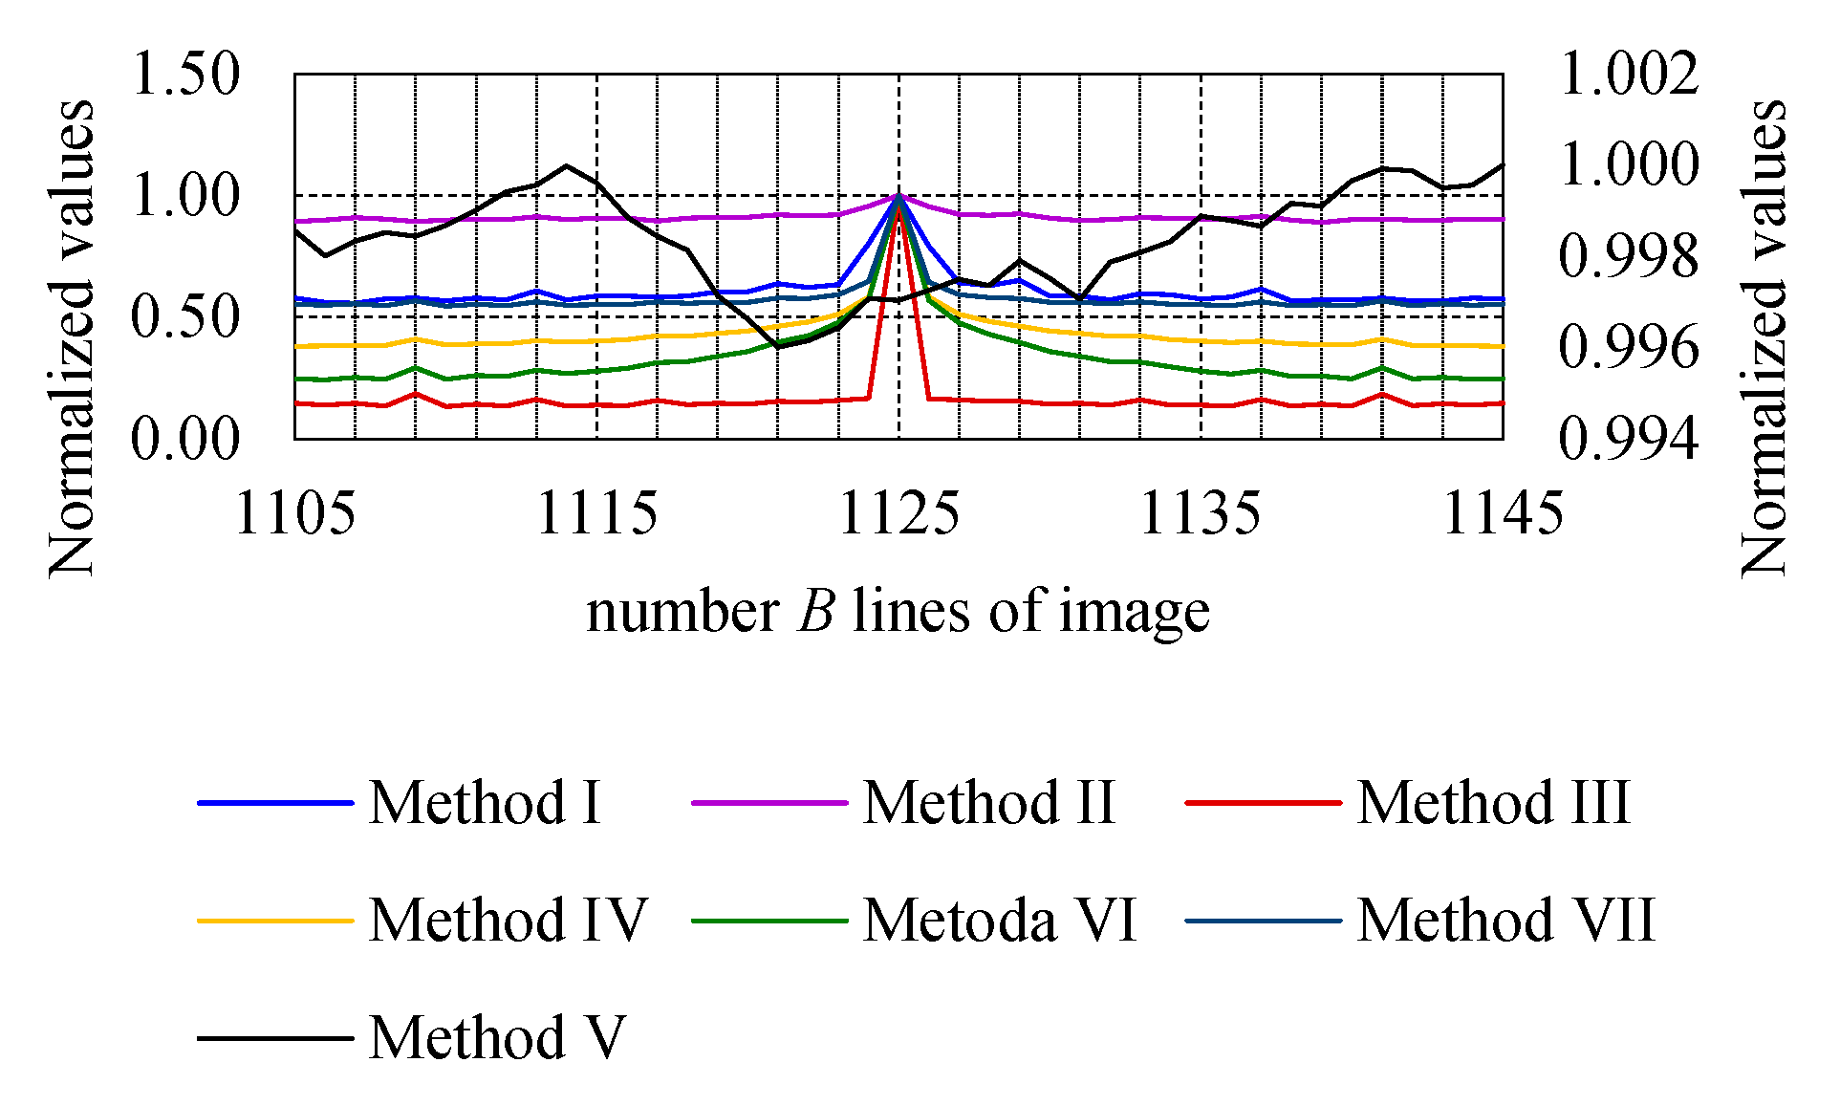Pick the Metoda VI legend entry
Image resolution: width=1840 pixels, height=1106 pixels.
point(1000,920)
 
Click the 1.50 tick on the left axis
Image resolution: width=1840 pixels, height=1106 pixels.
point(185,74)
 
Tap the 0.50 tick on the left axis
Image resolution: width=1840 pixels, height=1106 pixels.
point(185,316)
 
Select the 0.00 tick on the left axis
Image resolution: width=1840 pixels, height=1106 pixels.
point(185,439)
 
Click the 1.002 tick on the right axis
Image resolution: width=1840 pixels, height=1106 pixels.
point(1629,74)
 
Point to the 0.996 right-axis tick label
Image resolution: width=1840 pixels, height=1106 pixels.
point(1629,347)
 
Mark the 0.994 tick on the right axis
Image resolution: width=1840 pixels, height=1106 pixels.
point(1629,439)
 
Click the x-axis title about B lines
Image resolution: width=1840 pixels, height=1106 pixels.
point(898,611)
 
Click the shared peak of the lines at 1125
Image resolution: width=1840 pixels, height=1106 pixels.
point(898,196)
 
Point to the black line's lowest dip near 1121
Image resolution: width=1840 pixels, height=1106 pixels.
point(779,346)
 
